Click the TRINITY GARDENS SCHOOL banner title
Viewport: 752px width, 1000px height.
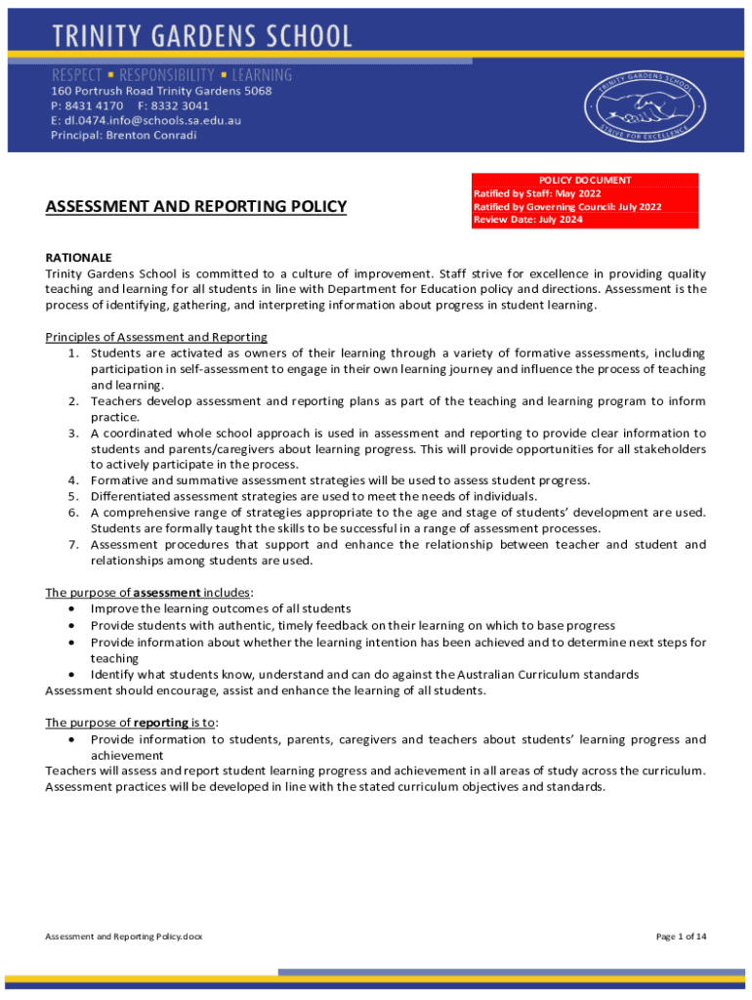(x=201, y=37)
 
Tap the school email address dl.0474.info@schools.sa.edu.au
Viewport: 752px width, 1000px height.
(x=146, y=120)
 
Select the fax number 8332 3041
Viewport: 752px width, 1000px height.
(x=181, y=105)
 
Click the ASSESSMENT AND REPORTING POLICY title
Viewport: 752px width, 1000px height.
(x=196, y=206)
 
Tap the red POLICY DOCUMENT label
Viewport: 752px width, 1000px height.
(x=585, y=180)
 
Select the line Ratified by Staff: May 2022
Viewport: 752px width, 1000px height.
(x=537, y=193)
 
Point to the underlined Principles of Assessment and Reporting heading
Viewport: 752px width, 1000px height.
(x=156, y=337)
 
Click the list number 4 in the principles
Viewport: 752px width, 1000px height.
(x=73, y=480)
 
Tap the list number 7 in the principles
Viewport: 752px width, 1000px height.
(x=73, y=544)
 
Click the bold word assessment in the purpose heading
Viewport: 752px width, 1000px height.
(x=167, y=592)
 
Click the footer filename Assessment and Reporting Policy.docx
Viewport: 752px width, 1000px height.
(x=124, y=937)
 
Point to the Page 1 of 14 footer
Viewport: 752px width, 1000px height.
(x=681, y=937)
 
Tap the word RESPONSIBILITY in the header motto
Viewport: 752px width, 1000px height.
(x=167, y=75)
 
